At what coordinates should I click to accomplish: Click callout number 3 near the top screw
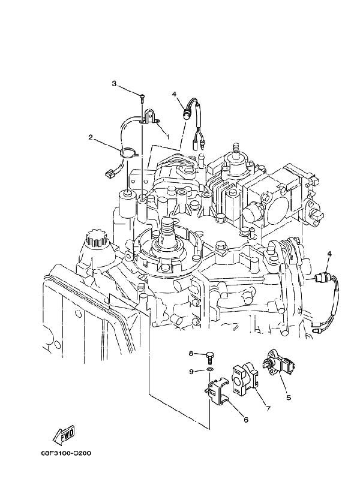click(114, 83)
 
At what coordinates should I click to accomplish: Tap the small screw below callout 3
click(142, 98)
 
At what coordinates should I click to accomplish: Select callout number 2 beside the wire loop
click(91, 137)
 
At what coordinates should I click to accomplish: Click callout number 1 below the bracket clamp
click(167, 137)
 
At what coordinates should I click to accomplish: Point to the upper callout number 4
click(174, 94)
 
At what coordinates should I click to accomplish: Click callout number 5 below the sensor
click(289, 397)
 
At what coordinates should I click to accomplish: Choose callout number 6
click(245, 420)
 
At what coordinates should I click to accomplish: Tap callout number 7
click(268, 409)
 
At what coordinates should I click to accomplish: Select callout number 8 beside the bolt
click(191, 353)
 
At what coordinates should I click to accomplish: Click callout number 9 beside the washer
click(191, 372)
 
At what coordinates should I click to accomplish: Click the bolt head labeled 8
click(209, 354)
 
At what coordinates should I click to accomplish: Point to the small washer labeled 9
click(209, 371)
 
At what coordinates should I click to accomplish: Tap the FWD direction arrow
click(63, 434)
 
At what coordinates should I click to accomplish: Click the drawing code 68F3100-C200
click(66, 453)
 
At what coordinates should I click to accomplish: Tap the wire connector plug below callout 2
click(109, 173)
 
